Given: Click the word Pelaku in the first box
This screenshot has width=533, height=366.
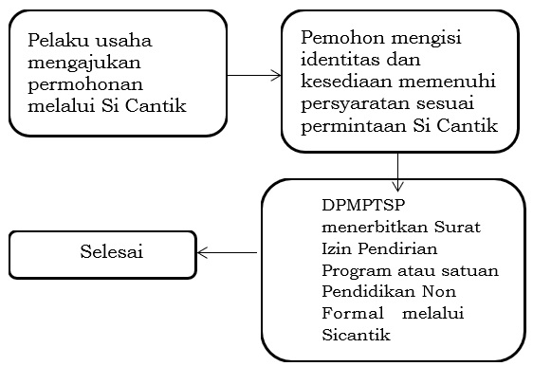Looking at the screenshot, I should click(x=56, y=42).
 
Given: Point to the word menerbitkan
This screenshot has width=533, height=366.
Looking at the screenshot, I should click(x=362, y=229).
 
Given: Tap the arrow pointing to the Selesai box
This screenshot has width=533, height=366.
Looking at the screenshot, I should click(x=228, y=253).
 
